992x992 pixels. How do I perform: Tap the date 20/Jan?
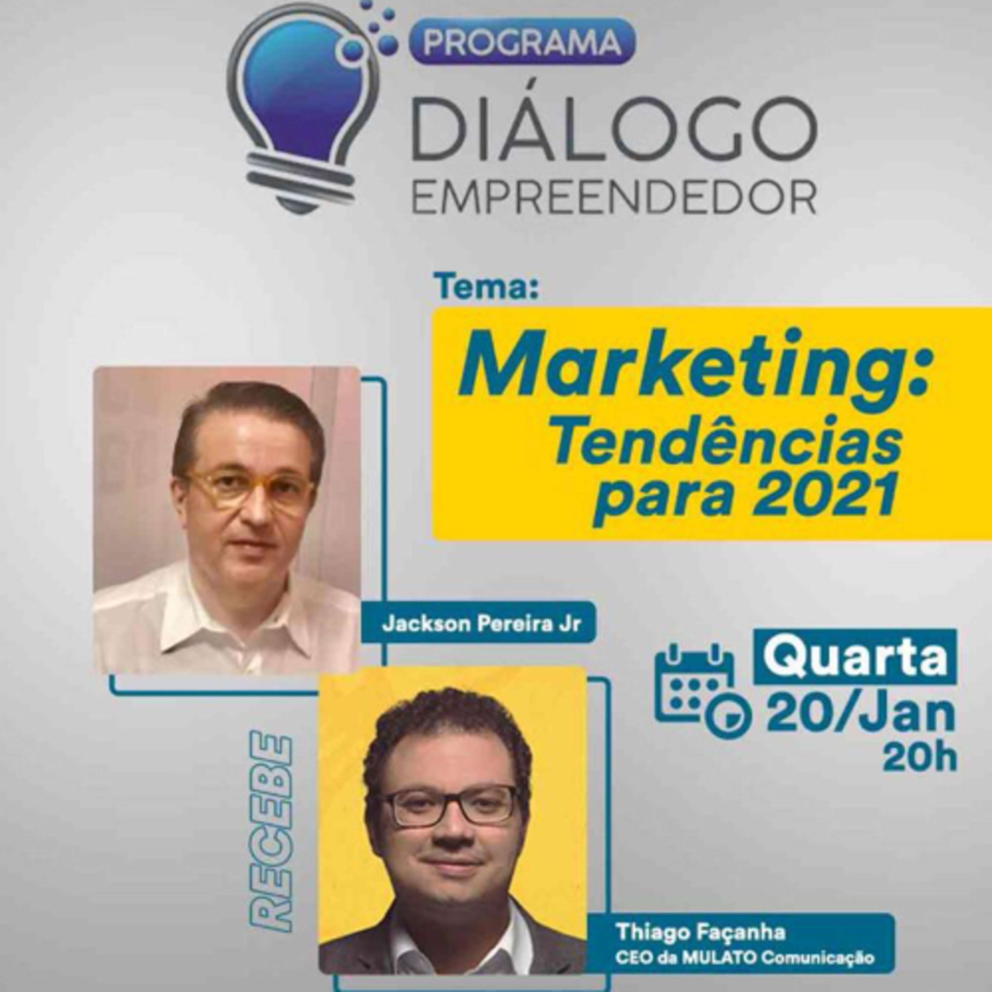(860, 715)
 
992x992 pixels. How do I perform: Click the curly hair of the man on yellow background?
(447, 729)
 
